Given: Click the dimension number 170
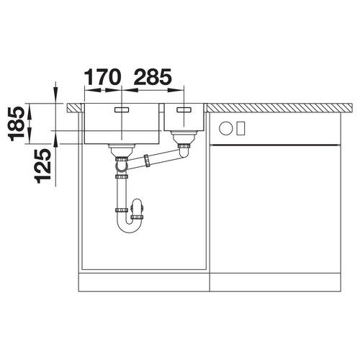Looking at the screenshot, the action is pos(102,77).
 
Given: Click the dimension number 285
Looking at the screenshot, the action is pos(153,77).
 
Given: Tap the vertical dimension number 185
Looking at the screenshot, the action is pos(17,124).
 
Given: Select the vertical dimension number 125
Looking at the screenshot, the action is pos(42,166).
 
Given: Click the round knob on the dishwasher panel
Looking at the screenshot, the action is pos(225,128).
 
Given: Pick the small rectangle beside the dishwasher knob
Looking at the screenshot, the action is pos(240,128).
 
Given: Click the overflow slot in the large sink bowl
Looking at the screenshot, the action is pos(122,109).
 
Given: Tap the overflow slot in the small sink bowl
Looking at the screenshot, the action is pos(184,109).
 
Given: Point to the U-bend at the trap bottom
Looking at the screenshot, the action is pos(127,228).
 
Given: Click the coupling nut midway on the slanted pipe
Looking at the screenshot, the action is pos(146,161).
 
